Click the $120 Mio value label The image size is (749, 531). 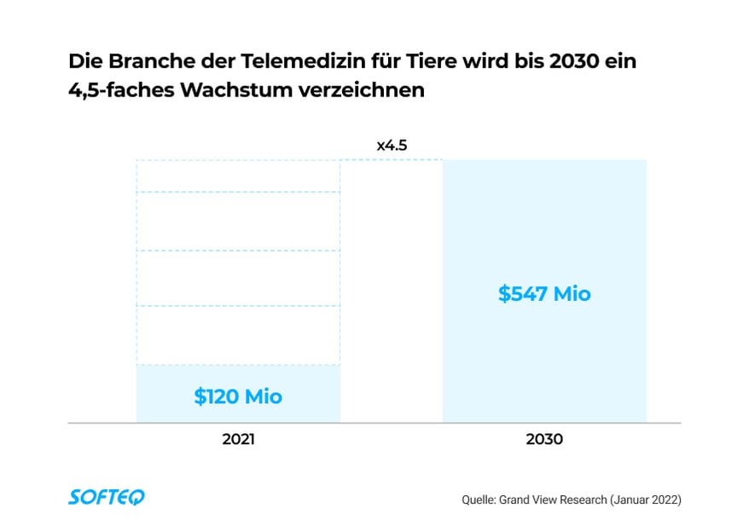(x=238, y=396)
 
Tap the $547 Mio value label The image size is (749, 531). (x=544, y=294)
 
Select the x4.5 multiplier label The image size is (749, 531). (x=392, y=145)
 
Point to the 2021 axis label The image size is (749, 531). (x=238, y=440)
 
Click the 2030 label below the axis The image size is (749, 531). (x=544, y=440)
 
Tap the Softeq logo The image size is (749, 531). (x=107, y=497)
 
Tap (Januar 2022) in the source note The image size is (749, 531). (x=644, y=499)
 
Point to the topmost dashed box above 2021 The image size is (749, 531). (x=238, y=176)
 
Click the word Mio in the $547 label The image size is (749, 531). (x=572, y=294)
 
